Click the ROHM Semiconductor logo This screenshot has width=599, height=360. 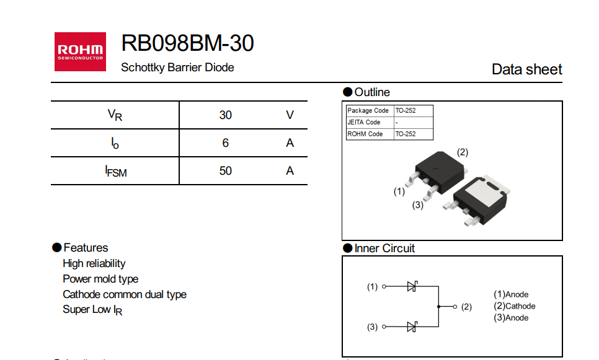point(80,51)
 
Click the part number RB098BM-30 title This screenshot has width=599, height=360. point(187,43)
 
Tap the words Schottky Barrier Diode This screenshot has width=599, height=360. point(177,68)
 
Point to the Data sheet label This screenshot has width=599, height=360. point(526,69)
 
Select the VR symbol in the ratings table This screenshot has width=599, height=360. point(115,115)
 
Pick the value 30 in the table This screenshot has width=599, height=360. point(225,115)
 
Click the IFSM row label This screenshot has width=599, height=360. point(115,171)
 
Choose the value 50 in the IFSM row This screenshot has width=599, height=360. point(225,171)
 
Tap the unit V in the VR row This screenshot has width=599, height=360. point(290,115)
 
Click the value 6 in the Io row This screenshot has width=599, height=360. point(225,143)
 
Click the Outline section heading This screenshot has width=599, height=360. point(372,92)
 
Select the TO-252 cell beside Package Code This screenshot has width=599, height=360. point(406,110)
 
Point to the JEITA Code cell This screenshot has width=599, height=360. point(364,122)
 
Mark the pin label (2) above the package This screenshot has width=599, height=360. point(462,152)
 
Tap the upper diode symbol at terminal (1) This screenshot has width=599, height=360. point(412,286)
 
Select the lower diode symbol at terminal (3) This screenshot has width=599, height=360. point(412,327)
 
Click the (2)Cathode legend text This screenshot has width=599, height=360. point(514,306)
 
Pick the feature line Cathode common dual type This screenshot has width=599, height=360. point(125,294)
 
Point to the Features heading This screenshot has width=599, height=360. point(86,248)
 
